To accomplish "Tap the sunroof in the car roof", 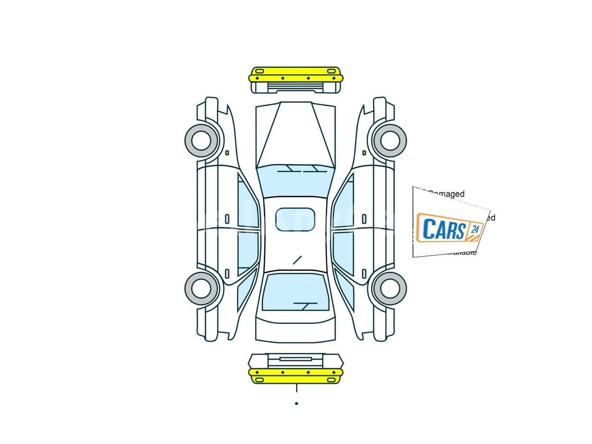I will point(295,219).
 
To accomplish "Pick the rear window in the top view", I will point(295,294).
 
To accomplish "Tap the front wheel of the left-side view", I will point(200,140).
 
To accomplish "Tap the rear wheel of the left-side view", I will point(200,288).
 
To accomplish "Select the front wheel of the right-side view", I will point(390,140).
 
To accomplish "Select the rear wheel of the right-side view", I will point(390,288).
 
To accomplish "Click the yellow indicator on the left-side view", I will point(227,153).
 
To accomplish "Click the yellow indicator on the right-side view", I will point(364,153).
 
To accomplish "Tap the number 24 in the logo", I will point(475,229).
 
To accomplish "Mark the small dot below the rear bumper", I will point(296,403).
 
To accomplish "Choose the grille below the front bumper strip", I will point(295,87).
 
